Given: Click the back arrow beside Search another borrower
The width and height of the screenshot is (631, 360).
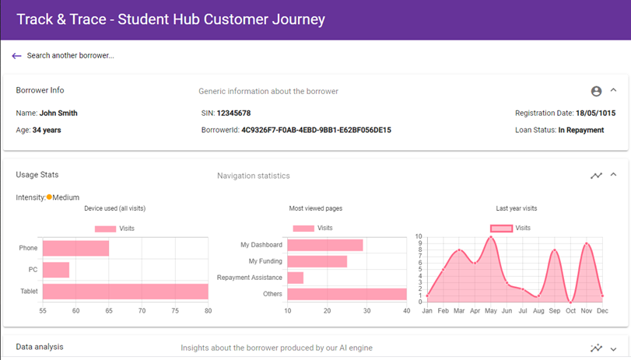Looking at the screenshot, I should click(x=16, y=56).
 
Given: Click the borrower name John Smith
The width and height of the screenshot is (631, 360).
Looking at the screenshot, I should click(x=58, y=114).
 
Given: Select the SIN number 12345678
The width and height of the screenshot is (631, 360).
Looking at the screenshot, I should click(x=233, y=114).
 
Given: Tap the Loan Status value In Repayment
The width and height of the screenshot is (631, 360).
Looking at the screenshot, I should click(x=580, y=130).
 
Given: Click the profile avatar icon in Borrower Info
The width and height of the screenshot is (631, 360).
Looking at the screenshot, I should click(x=596, y=91).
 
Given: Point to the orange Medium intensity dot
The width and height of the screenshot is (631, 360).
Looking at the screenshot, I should click(x=49, y=197).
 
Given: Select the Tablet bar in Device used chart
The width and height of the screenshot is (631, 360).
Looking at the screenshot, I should click(x=124, y=292).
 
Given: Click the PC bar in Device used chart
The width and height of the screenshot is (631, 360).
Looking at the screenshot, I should click(x=56, y=270).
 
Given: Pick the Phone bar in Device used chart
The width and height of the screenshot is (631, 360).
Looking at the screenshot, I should click(x=75, y=248).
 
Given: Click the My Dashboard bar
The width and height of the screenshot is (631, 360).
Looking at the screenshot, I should click(x=325, y=245).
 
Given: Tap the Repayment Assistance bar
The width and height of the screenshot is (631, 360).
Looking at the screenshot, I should click(x=296, y=278).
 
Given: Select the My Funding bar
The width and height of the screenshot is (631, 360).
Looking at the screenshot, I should click(x=317, y=261).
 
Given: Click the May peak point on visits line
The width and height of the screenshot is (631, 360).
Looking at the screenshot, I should click(x=491, y=237).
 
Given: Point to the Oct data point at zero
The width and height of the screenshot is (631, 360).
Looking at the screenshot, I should click(x=571, y=302).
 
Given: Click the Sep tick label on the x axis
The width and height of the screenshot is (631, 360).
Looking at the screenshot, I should click(x=554, y=311).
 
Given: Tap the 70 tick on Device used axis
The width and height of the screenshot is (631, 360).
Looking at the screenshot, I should click(x=142, y=311).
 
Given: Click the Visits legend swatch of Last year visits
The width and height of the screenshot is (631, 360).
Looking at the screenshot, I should click(x=501, y=228).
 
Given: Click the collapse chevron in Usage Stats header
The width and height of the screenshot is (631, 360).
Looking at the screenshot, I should click(x=613, y=175).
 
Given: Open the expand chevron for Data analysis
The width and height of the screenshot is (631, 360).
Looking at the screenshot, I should click(x=613, y=348).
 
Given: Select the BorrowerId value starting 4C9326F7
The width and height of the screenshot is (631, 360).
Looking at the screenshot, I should click(x=316, y=130).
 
